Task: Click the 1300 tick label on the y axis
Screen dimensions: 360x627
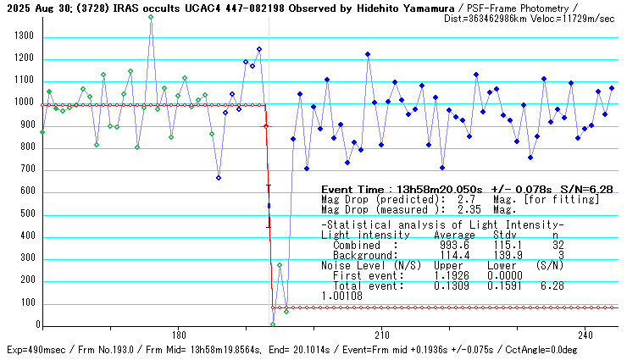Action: click(x=22, y=36)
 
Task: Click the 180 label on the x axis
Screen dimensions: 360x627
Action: click(x=178, y=335)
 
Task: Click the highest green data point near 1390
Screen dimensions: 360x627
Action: click(x=151, y=17)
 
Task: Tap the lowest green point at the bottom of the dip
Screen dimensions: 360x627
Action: click(x=273, y=324)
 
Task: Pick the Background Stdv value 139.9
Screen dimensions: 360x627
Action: click(x=509, y=255)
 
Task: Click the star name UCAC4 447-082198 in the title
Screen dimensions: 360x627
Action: click(x=229, y=8)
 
